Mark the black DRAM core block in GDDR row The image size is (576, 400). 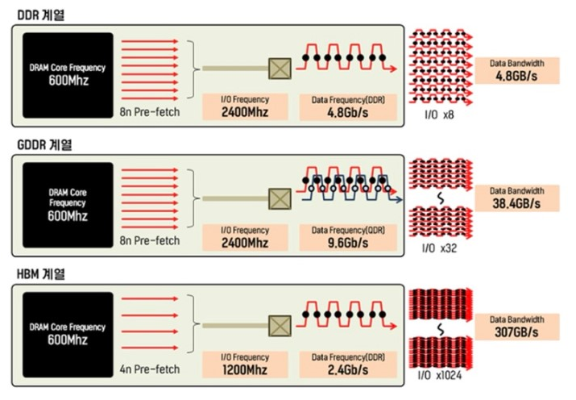tap(68, 205)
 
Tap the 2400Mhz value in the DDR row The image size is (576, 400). tap(245, 112)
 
